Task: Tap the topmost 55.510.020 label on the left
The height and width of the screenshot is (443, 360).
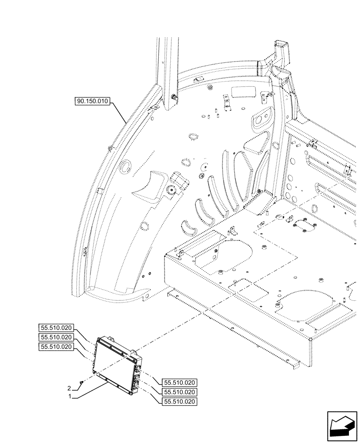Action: [x=55, y=328]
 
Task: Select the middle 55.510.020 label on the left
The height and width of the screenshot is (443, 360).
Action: [x=55, y=337]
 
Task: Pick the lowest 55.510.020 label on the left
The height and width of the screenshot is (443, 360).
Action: [x=55, y=347]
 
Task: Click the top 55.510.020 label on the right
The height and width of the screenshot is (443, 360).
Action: [x=180, y=383]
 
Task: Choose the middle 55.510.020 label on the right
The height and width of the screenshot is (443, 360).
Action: [x=180, y=392]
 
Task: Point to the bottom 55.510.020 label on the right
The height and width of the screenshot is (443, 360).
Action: [x=180, y=402]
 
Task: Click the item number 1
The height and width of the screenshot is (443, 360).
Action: [x=70, y=396]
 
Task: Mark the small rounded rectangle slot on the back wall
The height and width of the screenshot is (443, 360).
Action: [x=243, y=92]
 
